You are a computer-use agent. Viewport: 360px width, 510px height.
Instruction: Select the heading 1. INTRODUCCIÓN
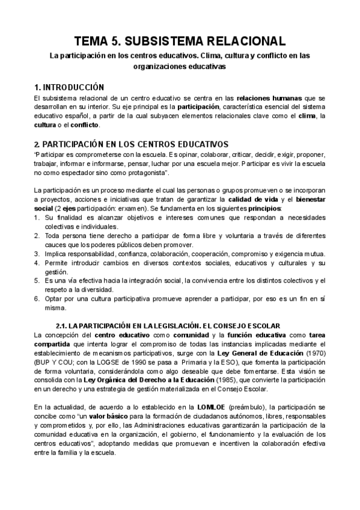click(70, 87)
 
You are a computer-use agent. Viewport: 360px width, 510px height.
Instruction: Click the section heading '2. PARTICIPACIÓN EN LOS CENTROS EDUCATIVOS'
click(131, 145)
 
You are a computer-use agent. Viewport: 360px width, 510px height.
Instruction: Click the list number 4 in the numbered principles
click(37, 263)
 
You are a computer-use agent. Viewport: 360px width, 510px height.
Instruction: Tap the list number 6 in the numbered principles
click(37, 299)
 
